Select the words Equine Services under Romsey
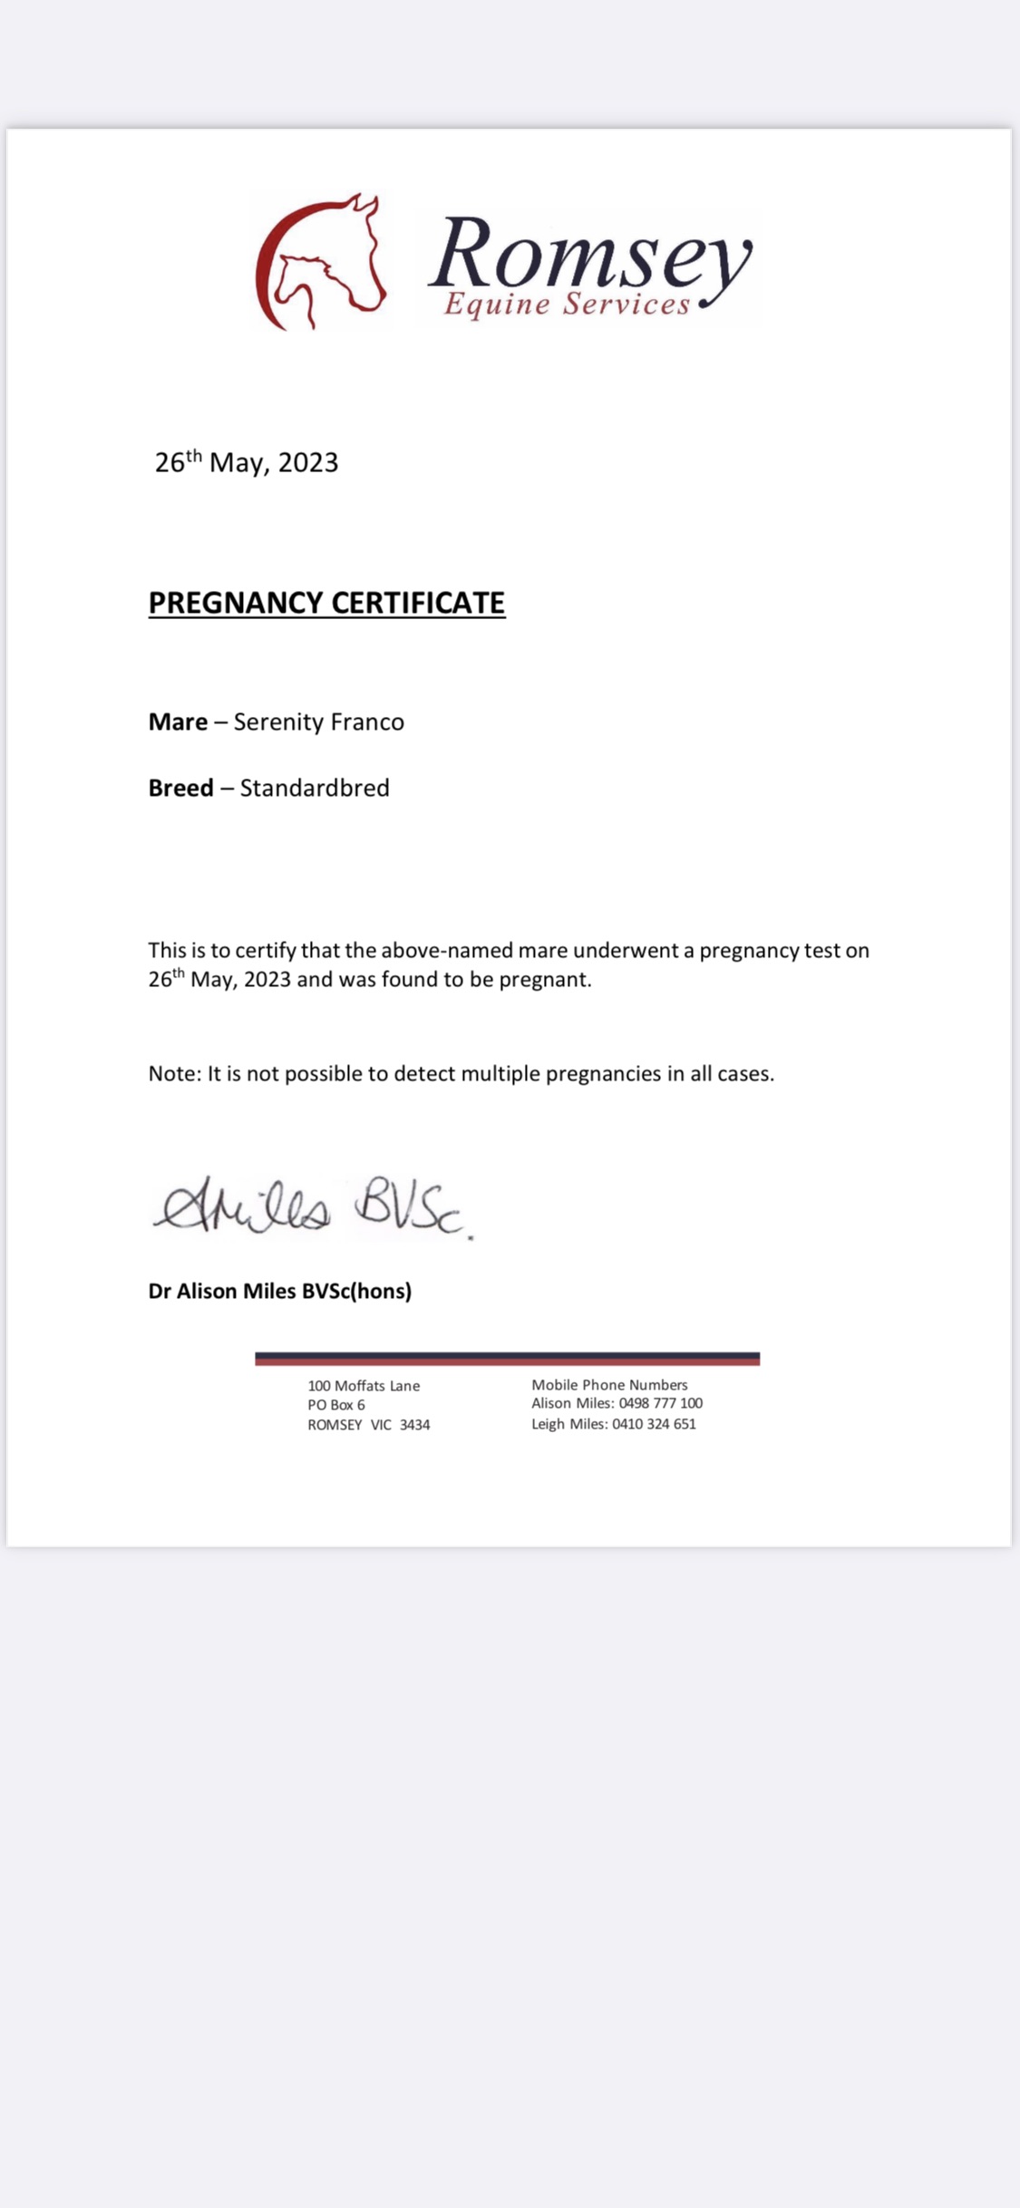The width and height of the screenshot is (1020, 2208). click(x=567, y=305)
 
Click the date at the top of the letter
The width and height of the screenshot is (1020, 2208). click(x=247, y=462)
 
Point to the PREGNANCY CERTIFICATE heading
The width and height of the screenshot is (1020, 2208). click(x=326, y=603)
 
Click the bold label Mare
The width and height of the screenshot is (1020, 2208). click(x=178, y=721)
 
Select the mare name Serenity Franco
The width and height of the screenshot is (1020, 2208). click(x=319, y=721)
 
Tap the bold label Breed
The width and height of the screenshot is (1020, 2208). click(x=180, y=788)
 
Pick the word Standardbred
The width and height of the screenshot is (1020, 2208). click(x=315, y=788)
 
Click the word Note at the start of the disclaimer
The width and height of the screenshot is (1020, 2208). click(x=172, y=1074)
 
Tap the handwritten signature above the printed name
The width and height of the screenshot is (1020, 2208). click(x=313, y=1208)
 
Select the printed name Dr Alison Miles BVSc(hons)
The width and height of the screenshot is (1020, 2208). click(x=279, y=1291)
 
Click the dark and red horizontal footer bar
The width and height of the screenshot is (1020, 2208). click(x=507, y=1358)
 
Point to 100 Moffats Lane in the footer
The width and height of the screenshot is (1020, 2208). click(x=364, y=1386)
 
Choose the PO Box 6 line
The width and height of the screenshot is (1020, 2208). click(x=336, y=1405)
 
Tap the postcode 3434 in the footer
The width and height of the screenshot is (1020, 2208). click(x=414, y=1425)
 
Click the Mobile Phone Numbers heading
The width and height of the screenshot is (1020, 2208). click(x=609, y=1385)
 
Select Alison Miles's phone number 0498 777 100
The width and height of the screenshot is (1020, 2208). click(x=660, y=1403)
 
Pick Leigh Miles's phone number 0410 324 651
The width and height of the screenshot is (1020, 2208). click(x=654, y=1424)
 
